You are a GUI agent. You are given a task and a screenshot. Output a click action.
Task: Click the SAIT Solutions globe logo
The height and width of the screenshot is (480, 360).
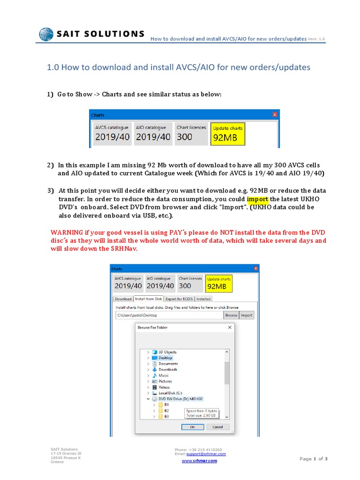point(46,34)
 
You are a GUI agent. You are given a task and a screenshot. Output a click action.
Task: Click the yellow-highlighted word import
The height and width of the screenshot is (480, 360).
point(257,199)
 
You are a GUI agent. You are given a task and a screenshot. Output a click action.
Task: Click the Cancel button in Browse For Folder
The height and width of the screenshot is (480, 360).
point(217,427)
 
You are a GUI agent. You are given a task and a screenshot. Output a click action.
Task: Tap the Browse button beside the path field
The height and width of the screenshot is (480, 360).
point(231,315)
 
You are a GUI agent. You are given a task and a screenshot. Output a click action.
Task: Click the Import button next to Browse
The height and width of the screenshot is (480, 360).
point(247,315)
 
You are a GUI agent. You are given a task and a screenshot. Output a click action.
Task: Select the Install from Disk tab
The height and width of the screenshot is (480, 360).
point(148,299)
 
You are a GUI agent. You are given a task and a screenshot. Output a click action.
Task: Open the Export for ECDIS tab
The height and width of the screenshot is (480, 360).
point(180,299)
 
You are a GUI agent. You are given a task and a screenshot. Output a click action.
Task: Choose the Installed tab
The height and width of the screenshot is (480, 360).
point(203,299)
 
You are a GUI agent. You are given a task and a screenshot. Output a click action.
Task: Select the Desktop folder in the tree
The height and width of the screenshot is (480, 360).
point(165,358)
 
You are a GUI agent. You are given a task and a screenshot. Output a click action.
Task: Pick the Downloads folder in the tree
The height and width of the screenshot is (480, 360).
point(167,369)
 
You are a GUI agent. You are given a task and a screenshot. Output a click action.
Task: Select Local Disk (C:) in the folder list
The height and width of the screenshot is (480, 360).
point(170,393)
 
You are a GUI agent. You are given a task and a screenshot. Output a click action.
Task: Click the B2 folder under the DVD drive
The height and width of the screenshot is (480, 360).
point(166,410)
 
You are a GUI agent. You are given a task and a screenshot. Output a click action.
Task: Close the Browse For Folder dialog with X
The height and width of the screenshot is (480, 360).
point(230,327)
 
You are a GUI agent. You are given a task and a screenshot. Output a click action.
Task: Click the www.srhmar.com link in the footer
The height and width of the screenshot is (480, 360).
point(199,461)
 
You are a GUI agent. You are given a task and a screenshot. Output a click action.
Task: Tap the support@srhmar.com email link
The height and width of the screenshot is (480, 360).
point(206,454)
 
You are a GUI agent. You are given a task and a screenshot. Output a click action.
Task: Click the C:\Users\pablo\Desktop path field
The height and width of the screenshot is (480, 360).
point(169,315)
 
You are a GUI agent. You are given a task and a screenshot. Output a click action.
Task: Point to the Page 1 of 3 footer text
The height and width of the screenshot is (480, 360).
point(313,458)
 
